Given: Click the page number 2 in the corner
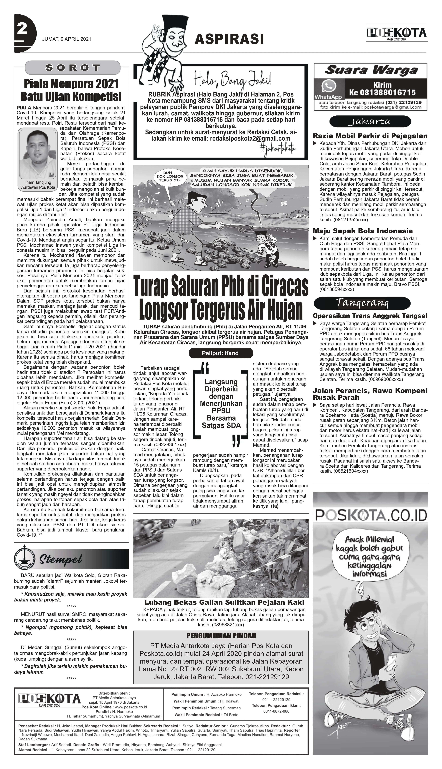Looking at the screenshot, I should [x=22, y=30].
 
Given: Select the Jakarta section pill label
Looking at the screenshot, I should [x=370, y=122].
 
